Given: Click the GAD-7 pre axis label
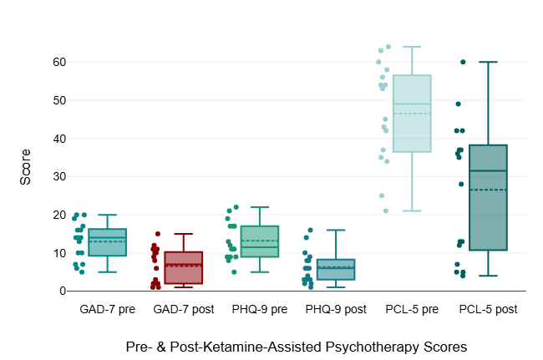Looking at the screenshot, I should point(107,309).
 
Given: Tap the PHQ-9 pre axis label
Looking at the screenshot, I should point(259,309).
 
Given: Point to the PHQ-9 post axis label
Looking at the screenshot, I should point(335,309).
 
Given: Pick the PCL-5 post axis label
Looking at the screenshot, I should point(488,309).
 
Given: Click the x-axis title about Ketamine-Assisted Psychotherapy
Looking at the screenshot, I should point(297,345).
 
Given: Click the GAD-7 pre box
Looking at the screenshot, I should point(107,242).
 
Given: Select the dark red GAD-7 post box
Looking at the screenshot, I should point(183,268).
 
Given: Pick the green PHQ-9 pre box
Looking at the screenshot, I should point(259,241).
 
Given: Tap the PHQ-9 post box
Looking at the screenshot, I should point(335,270).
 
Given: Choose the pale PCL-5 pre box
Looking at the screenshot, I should point(411,114).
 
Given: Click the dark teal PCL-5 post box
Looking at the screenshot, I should point(488,198).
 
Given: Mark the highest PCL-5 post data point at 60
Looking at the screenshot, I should point(463,62).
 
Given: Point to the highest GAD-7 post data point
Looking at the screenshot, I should point(157,234).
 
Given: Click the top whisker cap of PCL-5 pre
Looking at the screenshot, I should point(411,47).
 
